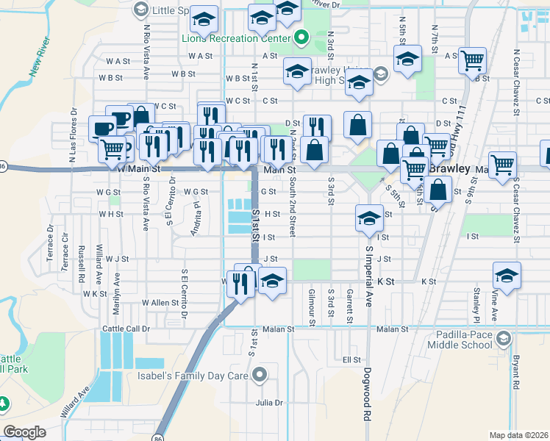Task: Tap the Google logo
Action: click(x=25, y=432)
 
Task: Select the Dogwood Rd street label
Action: click(x=365, y=395)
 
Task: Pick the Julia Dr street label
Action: click(x=269, y=403)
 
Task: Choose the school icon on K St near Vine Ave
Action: click(x=507, y=276)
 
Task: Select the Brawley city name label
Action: click(x=449, y=168)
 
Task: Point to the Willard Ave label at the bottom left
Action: click(x=76, y=402)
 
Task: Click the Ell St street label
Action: click(x=351, y=359)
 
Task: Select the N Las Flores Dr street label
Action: click(x=73, y=140)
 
